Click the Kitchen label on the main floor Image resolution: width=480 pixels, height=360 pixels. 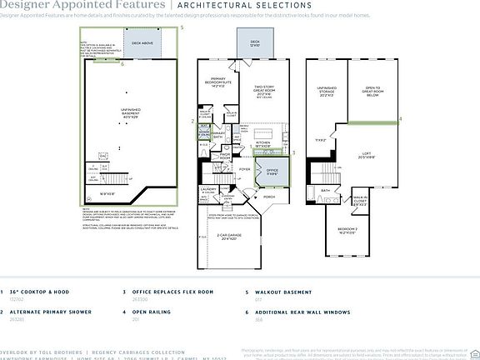pyautogui.click(x=263, y=142)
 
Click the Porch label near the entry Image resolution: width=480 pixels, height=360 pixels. pyautogui.click(x=269, y=197)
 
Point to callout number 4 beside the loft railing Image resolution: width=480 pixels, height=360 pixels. pyautogui.click(x=400, y=119)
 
